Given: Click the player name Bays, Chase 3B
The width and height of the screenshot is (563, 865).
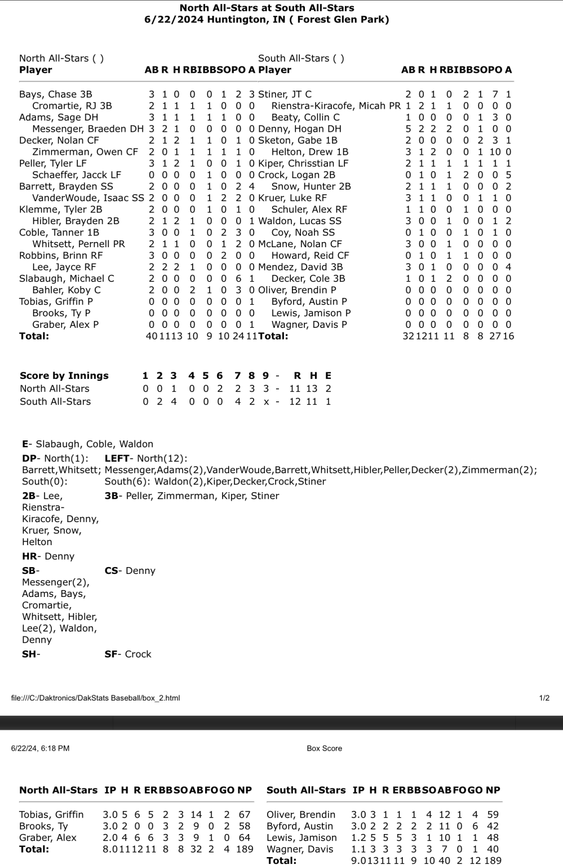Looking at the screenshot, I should pos(55,94).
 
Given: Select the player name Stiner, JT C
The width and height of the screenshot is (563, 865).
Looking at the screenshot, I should pos(285,94).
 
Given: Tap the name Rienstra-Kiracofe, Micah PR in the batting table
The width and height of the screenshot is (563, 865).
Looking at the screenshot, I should pos(336,106).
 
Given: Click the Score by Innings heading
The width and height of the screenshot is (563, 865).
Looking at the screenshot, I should pos(64,376).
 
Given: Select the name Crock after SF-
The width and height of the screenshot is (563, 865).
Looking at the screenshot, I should pos(138,654).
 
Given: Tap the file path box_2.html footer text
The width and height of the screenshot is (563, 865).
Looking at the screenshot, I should pos(95,698).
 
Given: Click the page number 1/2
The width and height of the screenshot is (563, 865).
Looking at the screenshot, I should pos(544,698).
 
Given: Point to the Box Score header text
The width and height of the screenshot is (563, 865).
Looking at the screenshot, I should pos(324,748).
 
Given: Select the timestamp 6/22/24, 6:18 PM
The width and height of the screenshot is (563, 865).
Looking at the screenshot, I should pos(41,748).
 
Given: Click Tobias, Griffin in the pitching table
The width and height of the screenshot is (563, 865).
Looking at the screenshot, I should pos(51,815).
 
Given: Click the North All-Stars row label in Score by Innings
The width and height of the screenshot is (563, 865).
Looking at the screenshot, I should pos(55,389).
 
